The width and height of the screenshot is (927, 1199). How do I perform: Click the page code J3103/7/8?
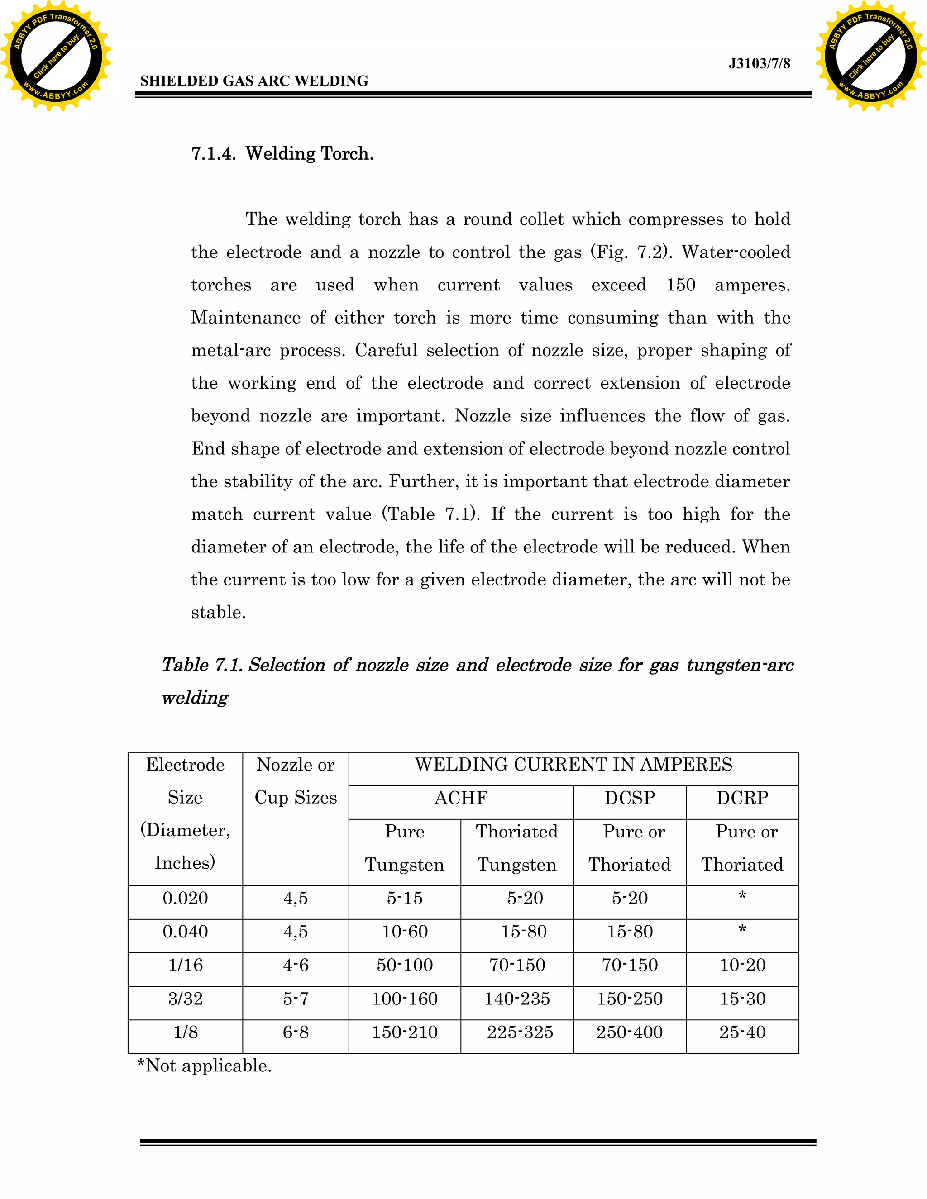(x=759, y=64)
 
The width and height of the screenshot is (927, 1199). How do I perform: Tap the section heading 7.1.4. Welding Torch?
(x=282, y=154)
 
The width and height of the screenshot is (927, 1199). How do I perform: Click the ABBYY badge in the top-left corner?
(x=56, y=56)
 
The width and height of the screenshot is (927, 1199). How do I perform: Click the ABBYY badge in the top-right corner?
(x=870, y=56)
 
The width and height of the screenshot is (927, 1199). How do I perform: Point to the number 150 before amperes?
(x=680, y=285)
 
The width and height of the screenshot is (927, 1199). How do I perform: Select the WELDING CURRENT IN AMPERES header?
(x=573, y=765)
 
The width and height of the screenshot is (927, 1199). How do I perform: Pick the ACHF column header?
(x=461, y=798)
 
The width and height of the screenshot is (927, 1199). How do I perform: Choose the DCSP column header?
(x=629, y=798)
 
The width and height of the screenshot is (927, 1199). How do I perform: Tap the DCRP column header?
(x=742, y=798)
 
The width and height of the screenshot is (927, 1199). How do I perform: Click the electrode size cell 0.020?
(x=185, y=898)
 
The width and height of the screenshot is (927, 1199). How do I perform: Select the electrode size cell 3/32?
(x=185, y=999)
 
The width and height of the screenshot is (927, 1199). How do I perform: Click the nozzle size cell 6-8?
(x=296, y=1032)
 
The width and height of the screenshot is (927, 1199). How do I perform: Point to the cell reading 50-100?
(x=405, y=965)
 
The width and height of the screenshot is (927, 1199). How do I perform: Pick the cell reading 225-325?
(x=520, y=1032)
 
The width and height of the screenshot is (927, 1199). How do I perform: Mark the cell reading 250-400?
(x=629, y=1032)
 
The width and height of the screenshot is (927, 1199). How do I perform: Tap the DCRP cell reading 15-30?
(x=742, y=999)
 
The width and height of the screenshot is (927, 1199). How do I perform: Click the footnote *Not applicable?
(x=204, y=1066)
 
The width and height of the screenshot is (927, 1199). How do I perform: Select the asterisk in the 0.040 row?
(x=742, y=929)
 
